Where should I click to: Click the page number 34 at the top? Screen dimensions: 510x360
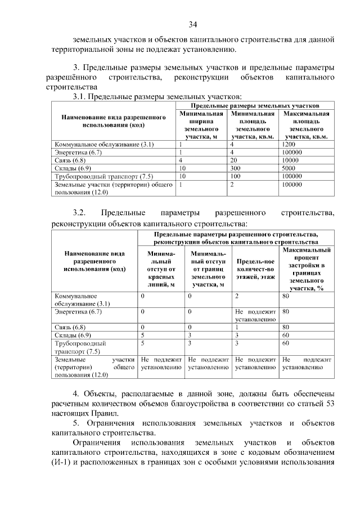coord(193,24)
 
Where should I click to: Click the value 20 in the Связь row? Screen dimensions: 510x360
coord(233,160)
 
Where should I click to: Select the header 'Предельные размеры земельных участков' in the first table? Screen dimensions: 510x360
coord(255,105)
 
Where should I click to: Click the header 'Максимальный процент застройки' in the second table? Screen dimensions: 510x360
coord(307,268)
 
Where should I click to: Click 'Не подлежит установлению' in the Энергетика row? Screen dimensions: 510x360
coord(255,315)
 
